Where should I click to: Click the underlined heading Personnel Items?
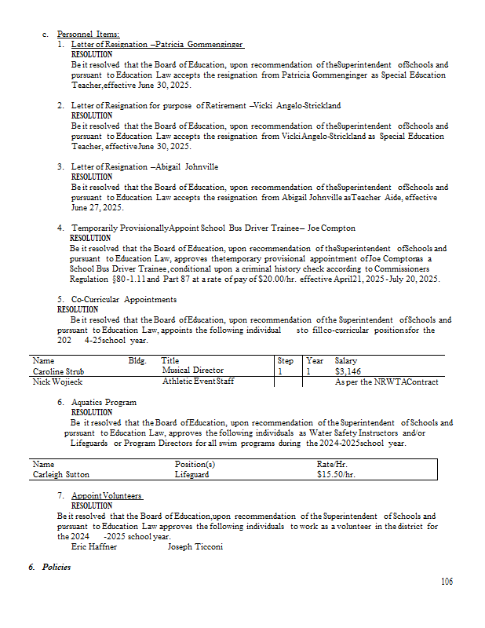pyautogui.click(x=89, y=35)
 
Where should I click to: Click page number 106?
pyautogui.click(x=447, y=582)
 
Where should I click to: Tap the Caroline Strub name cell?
pyautogui.click(x=58, y=371)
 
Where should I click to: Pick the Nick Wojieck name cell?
pyautogui.click(x=57, y=382)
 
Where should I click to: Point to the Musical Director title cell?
pyautogui.click(x=193, y=371)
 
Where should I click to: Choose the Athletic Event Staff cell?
pyautogui.click(x=199, y=382)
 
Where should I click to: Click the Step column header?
pyautogui.click(x=286, y=361)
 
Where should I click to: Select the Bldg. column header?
pyautogui.click(x=137, y=361)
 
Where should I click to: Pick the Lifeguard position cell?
pyautogui.click(x=191, y=474)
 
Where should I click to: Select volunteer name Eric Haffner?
pyautogui.click(x=94, y=546)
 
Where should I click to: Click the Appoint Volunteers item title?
pyautogui.click(x=107, y=496)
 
